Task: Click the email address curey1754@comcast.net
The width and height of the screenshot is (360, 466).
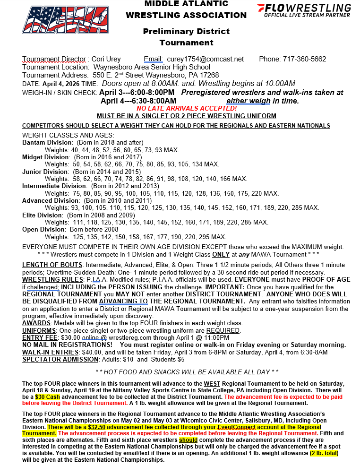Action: click(206, 59)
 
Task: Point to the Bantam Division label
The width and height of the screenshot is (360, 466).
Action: click(45, 142)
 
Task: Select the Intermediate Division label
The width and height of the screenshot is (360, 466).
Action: click(54, 186)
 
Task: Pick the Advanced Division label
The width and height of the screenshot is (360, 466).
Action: click(51, 200)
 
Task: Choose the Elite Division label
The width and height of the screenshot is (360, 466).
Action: click(43, 215)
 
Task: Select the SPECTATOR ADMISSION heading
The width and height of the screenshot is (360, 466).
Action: click(60, 359)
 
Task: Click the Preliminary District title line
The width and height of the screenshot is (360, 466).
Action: click(186, 31)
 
